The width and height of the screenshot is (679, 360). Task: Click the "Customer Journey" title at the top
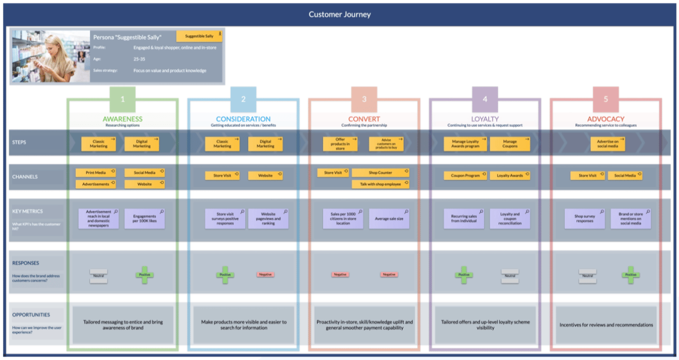[339, 14]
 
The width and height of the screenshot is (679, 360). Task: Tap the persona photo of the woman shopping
[44, 56]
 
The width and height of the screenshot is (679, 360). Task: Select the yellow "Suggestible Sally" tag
[199, 36]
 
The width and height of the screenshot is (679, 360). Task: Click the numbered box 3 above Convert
[364, 99]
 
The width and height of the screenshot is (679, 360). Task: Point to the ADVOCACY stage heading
[606, 119]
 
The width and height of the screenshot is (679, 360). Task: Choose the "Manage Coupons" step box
[510, 144]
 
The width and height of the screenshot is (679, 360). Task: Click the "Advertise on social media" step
[608, 144]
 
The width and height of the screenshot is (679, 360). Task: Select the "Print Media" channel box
[95, 173]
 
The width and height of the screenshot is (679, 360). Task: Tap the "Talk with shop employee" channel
[381, 184]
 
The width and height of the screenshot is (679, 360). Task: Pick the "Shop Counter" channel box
[381, 173]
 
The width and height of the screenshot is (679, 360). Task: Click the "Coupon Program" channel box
[466, 175]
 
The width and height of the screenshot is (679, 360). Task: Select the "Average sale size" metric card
[389, 219]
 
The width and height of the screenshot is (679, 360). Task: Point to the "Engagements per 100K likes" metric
[144, 219]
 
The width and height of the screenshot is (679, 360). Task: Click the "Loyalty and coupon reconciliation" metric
[510, 219]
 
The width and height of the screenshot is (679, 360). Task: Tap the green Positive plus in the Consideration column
[225, 275]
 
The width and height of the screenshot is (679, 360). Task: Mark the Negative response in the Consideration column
[265, 275]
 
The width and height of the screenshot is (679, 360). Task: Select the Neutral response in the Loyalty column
[510, 276]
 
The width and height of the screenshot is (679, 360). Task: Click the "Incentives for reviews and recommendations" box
[606, 325]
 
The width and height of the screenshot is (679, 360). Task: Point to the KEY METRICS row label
[28, 211]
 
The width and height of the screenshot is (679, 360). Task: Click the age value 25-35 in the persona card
[139, 59]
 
